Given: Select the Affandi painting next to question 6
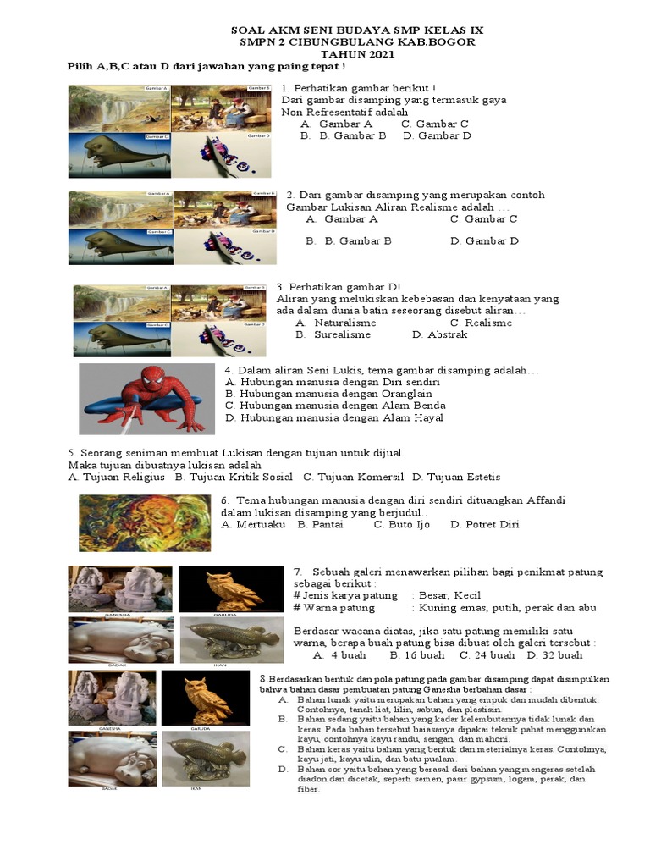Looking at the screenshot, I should pyautogui.click(x=145, y=523).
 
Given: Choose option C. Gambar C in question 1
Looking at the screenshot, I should pyautogui.click(x=435, y=124).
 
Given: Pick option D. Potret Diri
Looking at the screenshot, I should pyautogui.click(x=485, y=524).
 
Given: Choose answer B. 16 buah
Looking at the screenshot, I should pyautogui.click(x=417, y=654).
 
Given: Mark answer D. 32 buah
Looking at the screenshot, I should pyautogui.click(x=554, y=654).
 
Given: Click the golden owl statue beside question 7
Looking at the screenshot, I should pyautogui.click(x=231, y=588).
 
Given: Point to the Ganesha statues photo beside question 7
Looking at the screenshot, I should pyautogui.click(x=120, y=588).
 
